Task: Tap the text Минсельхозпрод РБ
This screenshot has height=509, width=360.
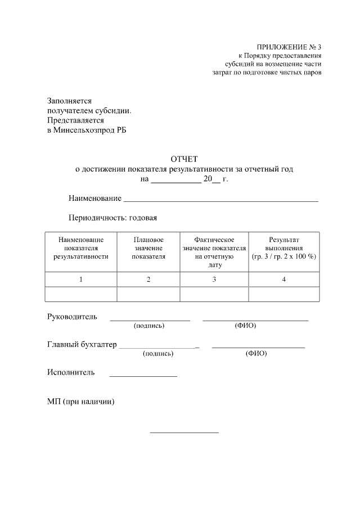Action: pyautogui.click(x=91, y=130)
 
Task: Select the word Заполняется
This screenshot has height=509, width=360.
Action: pyautogui.click(x=69, y=101)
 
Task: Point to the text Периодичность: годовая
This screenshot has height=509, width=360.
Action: pyautogui.click(x=112, y=218)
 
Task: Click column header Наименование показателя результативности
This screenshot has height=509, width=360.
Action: pyautogui.click(x=81, y=248)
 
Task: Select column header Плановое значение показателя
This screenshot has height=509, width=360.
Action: pyautogui.click(x=148, y=248)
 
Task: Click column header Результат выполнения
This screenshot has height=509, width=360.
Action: pyautogui.click(x=284, y=248)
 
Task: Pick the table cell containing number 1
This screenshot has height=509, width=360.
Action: pyautogui.click(x=81, y=280)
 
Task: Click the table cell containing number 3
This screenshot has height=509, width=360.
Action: pyautogui.click(x=214, y=280)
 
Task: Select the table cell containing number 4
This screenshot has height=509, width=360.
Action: pyautogui.click(x=284, y=280)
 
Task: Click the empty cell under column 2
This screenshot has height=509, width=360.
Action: pyautogui.click(x=148, y=294)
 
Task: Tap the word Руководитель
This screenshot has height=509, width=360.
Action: pyautogui.click(x=72, y=317)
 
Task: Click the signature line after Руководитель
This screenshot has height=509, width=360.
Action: pyautogui.click(x=150, y=319)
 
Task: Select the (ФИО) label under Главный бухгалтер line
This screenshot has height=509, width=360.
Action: pyautogui.click(x=256, y=354)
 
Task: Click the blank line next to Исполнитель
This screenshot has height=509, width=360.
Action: pyautogui.click(x=143, y=375)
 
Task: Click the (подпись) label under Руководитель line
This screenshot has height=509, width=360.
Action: pyautogui.click(x=148, y=326)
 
